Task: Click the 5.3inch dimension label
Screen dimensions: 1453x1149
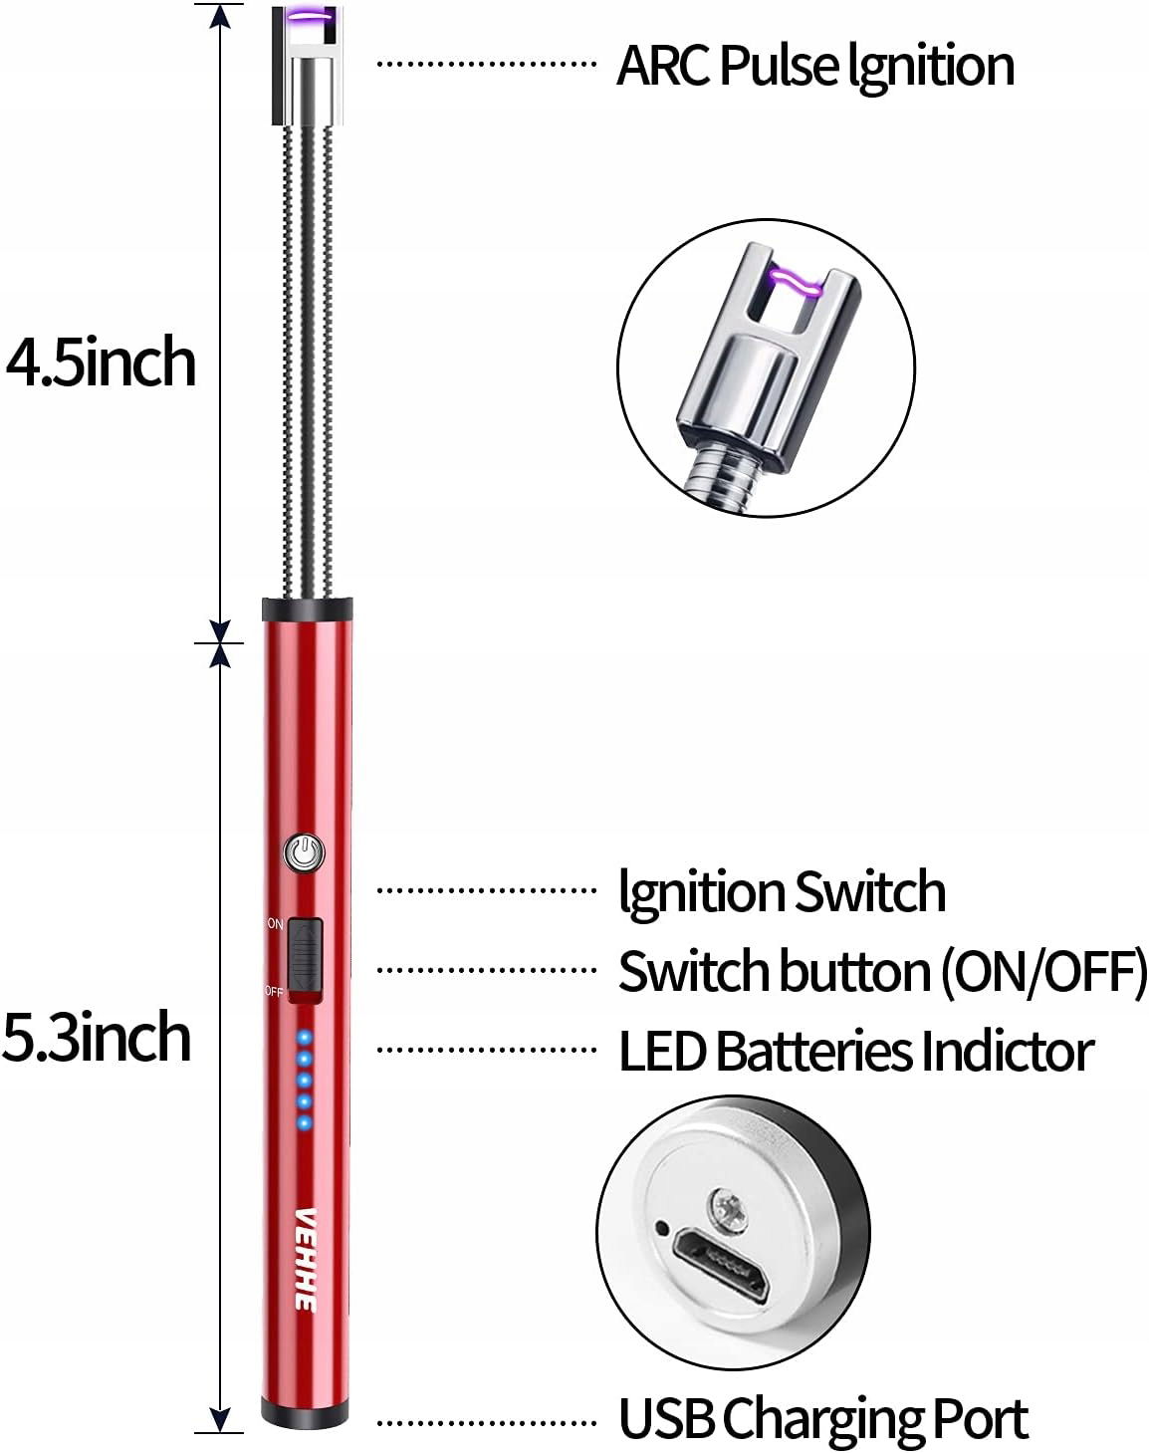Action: click(x=97, y=1038)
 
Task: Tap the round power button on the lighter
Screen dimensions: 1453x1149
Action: click(x=305, y=853)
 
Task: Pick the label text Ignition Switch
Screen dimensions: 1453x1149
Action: click(x=782, y=890)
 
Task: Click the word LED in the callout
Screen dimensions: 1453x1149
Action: click(x=662, y=1052)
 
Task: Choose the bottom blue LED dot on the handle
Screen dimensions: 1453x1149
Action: click(x=305, y=1123)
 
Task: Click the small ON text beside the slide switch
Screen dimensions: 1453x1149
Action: click(x=275, y=924)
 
